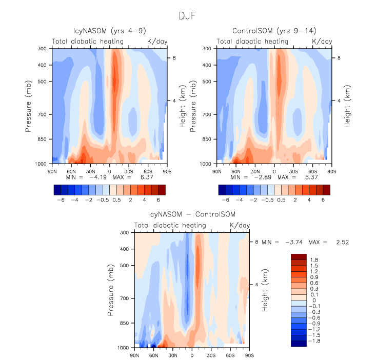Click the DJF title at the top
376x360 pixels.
click(187, 16)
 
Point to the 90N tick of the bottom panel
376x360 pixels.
click(134, 354)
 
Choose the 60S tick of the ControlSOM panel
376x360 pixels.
click(312, 170)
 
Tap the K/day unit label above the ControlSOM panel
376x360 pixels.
click(322, 41)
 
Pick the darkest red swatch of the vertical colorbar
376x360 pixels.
click(298, 256)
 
